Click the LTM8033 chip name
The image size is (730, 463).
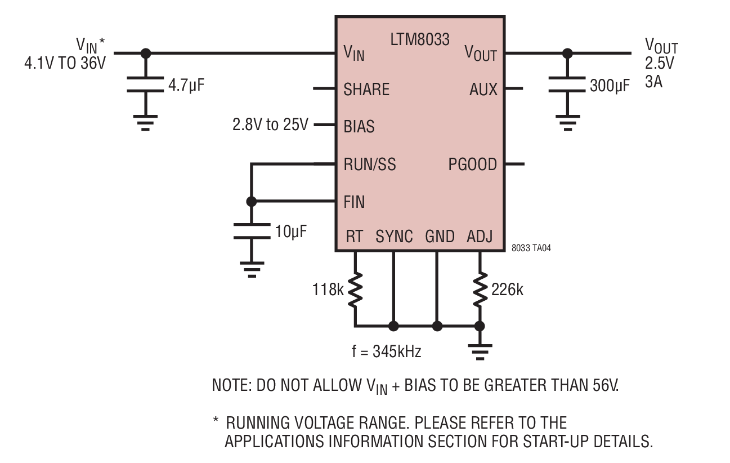click(x=420, y=39)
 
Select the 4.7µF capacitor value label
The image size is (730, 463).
click(x=186, y=85)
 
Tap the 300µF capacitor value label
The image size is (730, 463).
click(x=610, y=86)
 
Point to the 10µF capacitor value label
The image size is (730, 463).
click(x=290, y=231)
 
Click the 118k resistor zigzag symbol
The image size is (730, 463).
click(x=355, y=290)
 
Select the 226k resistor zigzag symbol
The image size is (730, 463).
click(x=480, y=290)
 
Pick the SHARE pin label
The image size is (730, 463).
click(x=366, y=90)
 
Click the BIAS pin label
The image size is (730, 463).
click(x=359, y=127)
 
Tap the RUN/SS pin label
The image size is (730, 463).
click(x=370, y=164)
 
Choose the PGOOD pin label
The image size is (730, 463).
click(x=473, y=164)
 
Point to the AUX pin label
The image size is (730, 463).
click(x=483, y=90)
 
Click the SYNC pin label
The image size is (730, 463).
click(x=394, y=237)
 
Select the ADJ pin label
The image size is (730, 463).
click(x=480, y=237)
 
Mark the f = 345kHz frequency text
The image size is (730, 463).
click(x=387, y=351)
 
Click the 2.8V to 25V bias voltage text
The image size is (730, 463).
click(x=270, y=124)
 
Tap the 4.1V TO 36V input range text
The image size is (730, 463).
click(x=65, y=63)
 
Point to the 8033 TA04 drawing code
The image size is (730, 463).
click(x=531, y=248)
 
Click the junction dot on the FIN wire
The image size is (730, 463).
click(x=251, y=202)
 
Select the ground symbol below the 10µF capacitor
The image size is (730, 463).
click(x=252, y=270)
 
